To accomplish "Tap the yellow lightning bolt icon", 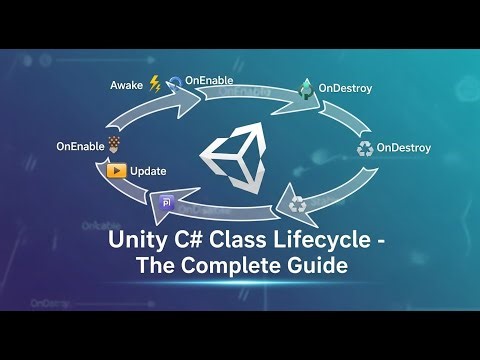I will pyautogui.click(x=154, y=84).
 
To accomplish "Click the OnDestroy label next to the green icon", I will pyautogui.click(x=345, y=89).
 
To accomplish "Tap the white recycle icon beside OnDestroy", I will pyautogui.click(x=365, y=148).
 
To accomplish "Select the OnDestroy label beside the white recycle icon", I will pyautogui.click(x=404, y=149).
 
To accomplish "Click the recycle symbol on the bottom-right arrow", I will pyautogui.click(x=297, y=205).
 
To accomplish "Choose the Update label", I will pyautogui.click(x=148, y=171).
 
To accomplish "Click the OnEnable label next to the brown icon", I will pyautogui.click(x=80, y=147).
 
